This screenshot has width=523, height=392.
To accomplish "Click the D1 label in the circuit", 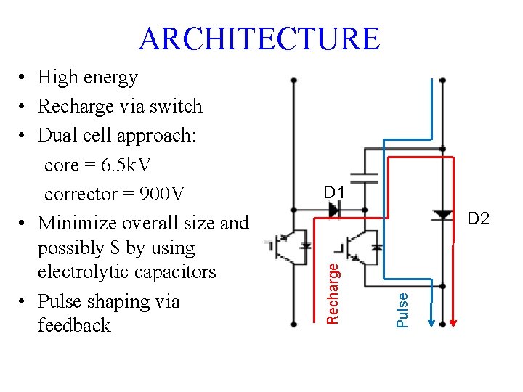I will (x=334, y=192).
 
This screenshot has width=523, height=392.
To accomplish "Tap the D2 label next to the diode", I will (x=478, y=218).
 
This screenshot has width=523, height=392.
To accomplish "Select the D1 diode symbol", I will (x=333, y=210).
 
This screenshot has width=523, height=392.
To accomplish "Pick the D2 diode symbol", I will (x=442, y=214).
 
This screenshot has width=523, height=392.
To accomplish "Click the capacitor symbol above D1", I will (x=363, y=174).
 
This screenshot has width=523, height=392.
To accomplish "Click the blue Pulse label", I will (x=402, y=308).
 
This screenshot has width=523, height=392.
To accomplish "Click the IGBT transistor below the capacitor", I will (x=362, y=247).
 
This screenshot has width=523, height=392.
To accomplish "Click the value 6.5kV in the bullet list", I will (x=126, y=165).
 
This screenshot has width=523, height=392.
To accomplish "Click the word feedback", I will (x=74, y=325).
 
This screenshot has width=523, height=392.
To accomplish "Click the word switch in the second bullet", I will (x=179, y=106).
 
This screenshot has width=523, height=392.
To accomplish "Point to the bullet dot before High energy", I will (x=24, y=78).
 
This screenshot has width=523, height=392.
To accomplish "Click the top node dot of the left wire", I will (x=293, y=80).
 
